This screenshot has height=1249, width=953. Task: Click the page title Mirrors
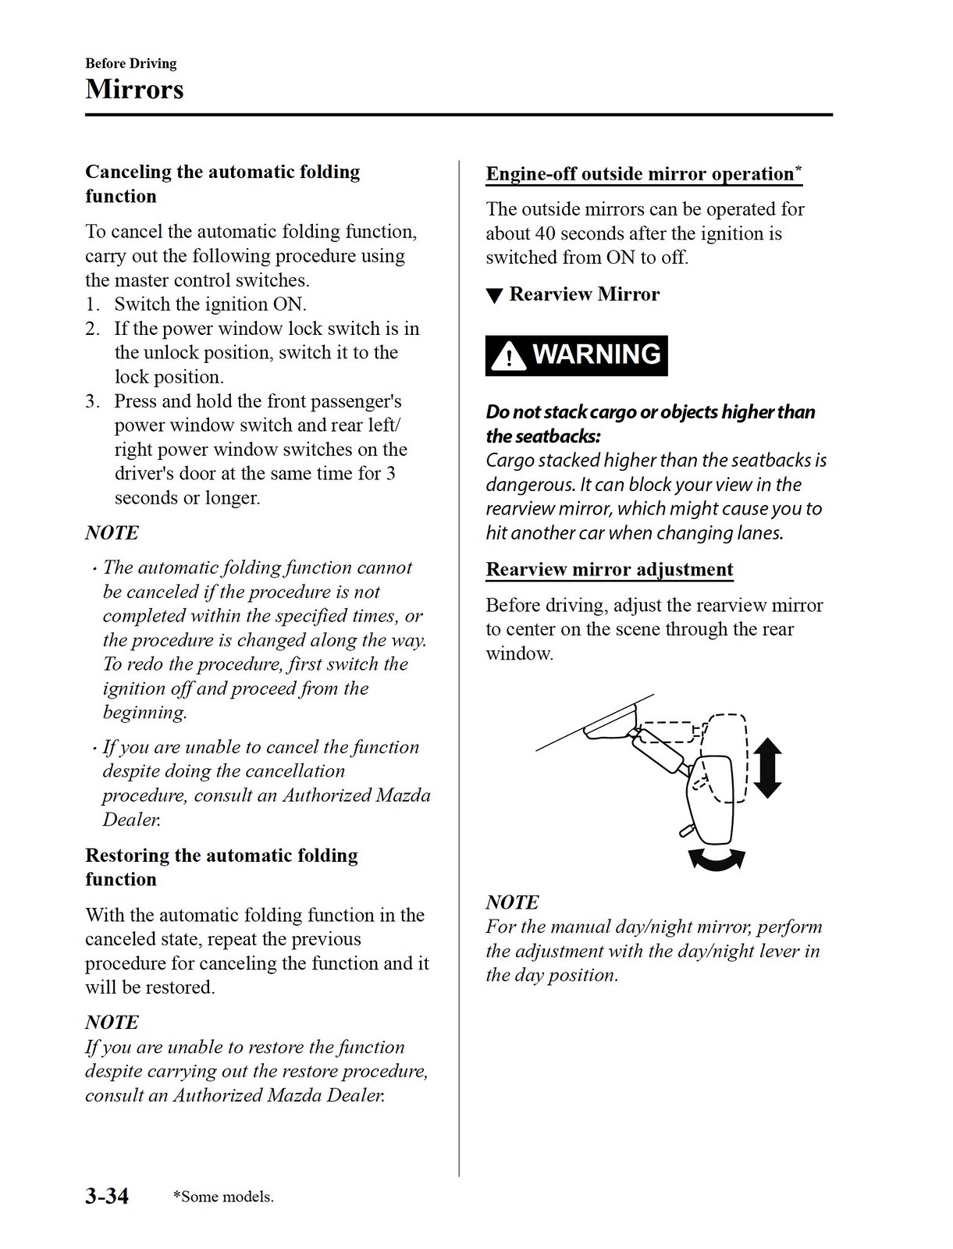(x=134, y=89)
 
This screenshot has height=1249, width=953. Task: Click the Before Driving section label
(x=131, y=63)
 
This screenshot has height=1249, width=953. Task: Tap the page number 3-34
(x=107, y=1195)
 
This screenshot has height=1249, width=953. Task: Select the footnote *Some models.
(x=223, y=1197)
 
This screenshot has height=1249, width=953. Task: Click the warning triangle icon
(x=509, y=357)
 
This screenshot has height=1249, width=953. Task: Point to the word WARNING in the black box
(x=596, y=354)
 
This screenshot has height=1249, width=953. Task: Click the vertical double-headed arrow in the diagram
(x=768, y=768)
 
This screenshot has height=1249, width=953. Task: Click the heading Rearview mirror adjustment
(x=610, y=569)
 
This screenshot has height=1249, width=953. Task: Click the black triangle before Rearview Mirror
(x=494, y=296)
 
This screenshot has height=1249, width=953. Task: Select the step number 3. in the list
(x=93, y=401)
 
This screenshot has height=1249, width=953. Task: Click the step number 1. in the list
(x=93, y=304)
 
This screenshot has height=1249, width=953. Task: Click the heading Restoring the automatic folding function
(x=222, y=866)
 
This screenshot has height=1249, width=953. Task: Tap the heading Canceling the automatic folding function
(x=222, y=183)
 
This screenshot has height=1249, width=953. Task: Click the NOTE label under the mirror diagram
(x=512, y=902)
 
